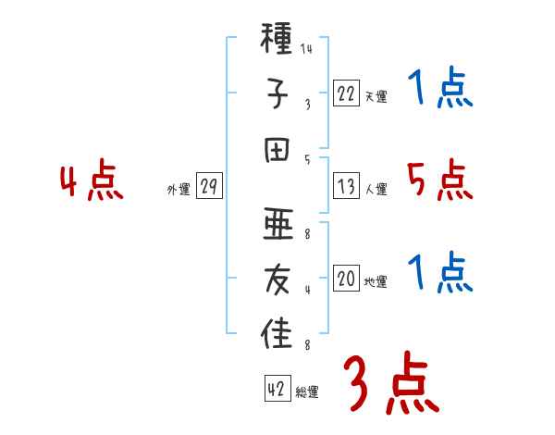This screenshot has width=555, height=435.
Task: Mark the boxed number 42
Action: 277,390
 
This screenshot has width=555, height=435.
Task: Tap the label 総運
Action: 307,392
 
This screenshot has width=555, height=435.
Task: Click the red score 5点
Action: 439,181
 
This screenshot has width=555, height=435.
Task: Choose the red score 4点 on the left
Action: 92,181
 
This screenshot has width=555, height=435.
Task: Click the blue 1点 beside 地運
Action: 439,272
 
